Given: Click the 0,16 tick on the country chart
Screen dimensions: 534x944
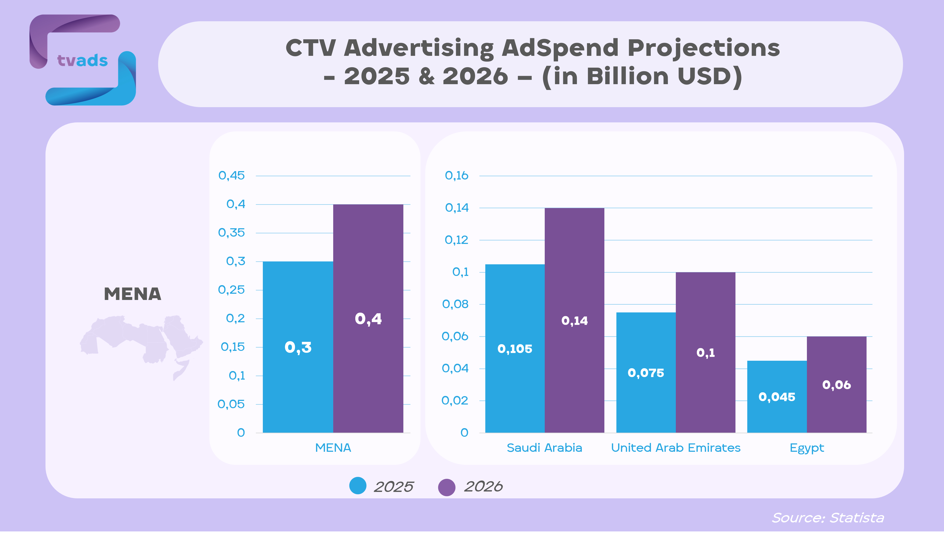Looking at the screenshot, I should click(x=456, y=176).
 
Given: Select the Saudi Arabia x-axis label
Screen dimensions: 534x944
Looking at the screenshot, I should click(x=544, y=448).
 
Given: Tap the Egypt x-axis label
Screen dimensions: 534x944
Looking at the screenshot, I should click(x=806, y=448).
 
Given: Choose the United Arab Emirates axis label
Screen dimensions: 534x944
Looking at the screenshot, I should click(x=675, y=448).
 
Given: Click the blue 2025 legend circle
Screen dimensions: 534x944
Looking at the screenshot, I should click(x=358, y=486).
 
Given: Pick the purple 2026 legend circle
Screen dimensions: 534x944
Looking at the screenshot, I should click(x=447, y=487).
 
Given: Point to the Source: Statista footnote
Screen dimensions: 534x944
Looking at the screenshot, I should click(x=828, y=517).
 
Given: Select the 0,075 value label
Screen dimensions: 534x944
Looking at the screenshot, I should click(x=646, y=373).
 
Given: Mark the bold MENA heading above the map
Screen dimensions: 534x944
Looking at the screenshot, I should click(x=132, y=294).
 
